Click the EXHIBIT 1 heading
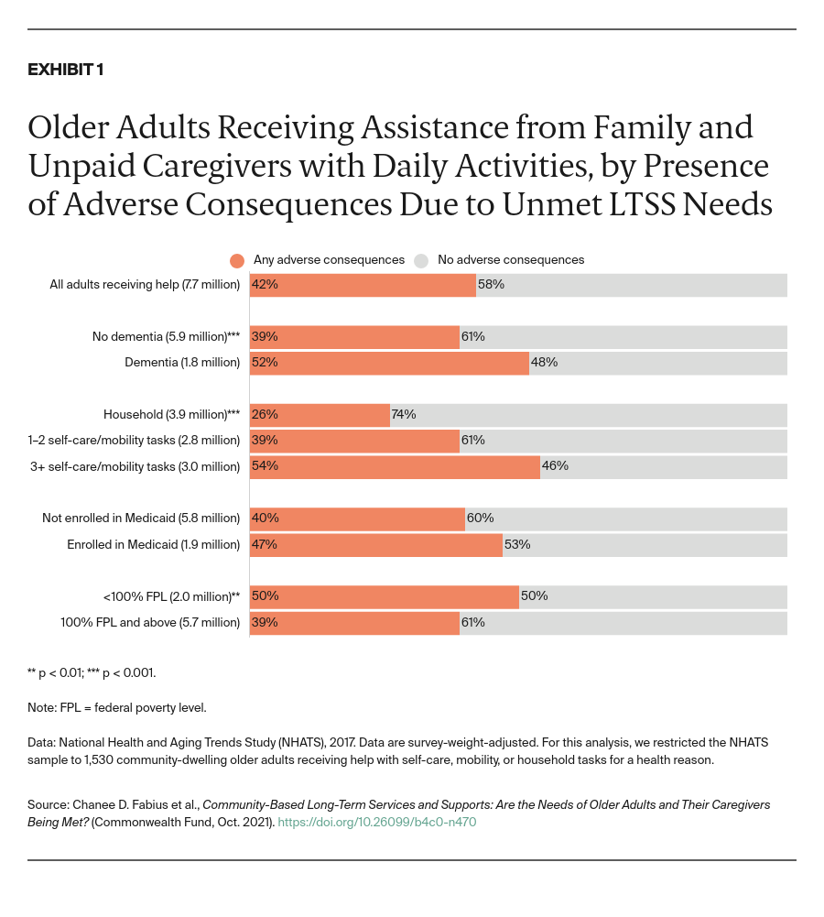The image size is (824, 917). pyautogui.click(x=65, y=71)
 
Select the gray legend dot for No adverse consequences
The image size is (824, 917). pyautogui.click(x=421, y=260)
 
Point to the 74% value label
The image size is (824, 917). pyautogui.click(x=404, y=414)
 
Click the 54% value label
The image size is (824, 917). pyautogui.click(x=265, y=466)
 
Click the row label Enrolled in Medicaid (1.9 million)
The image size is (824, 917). pyautogui.click(x=153, y=545)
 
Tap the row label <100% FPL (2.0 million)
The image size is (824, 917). pyautogui.click(x=171, y=596)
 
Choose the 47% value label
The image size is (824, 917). pyautogui.click(x=265, y=544)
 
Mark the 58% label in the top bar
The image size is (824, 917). pyautogui.click(x=491, y=285)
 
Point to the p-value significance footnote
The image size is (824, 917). pyautogui.click(x=92, y=673)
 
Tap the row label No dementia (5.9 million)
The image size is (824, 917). pyautogui.click(x=166, y=337)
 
